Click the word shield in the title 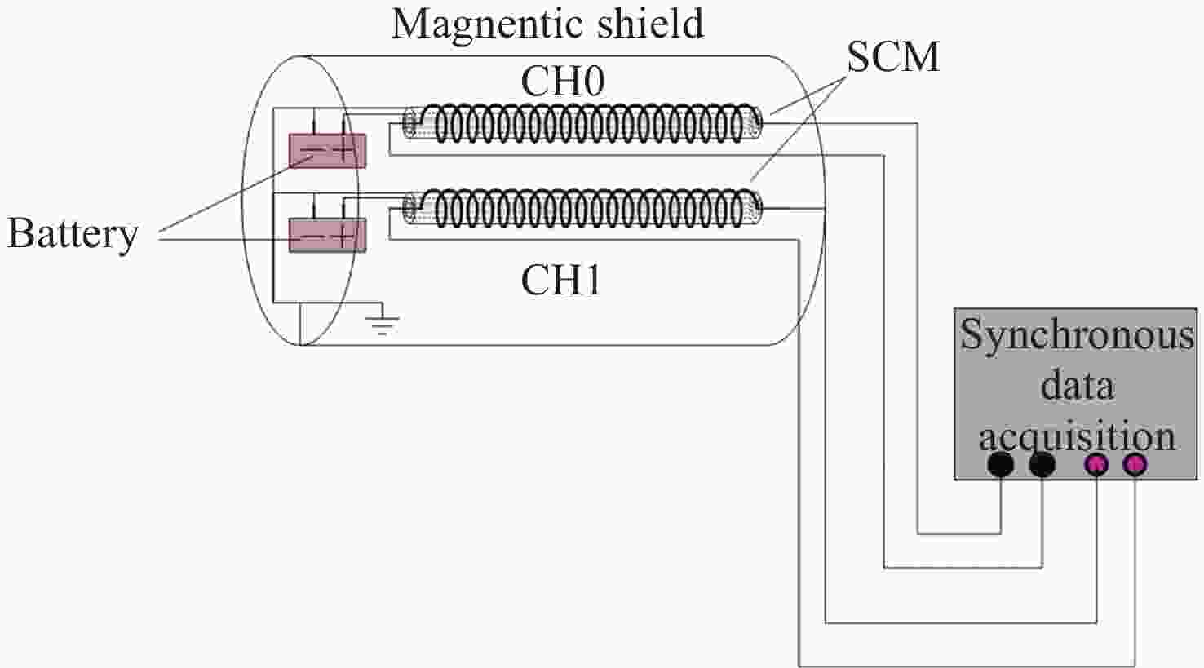point(651,23)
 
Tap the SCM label point(892,56)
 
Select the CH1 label point(561,280)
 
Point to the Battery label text point(73,234)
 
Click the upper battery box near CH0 point(327,151)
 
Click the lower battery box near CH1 point(327,235)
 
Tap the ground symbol point(382,321)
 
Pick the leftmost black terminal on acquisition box point(1000,464)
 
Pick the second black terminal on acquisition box point(1042,464)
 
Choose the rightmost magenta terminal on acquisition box point(1135,464)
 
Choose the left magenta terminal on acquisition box point(1096,464)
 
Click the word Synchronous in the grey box point(1077,335)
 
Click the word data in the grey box point(1077,385)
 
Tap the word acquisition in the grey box point(1077,436)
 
